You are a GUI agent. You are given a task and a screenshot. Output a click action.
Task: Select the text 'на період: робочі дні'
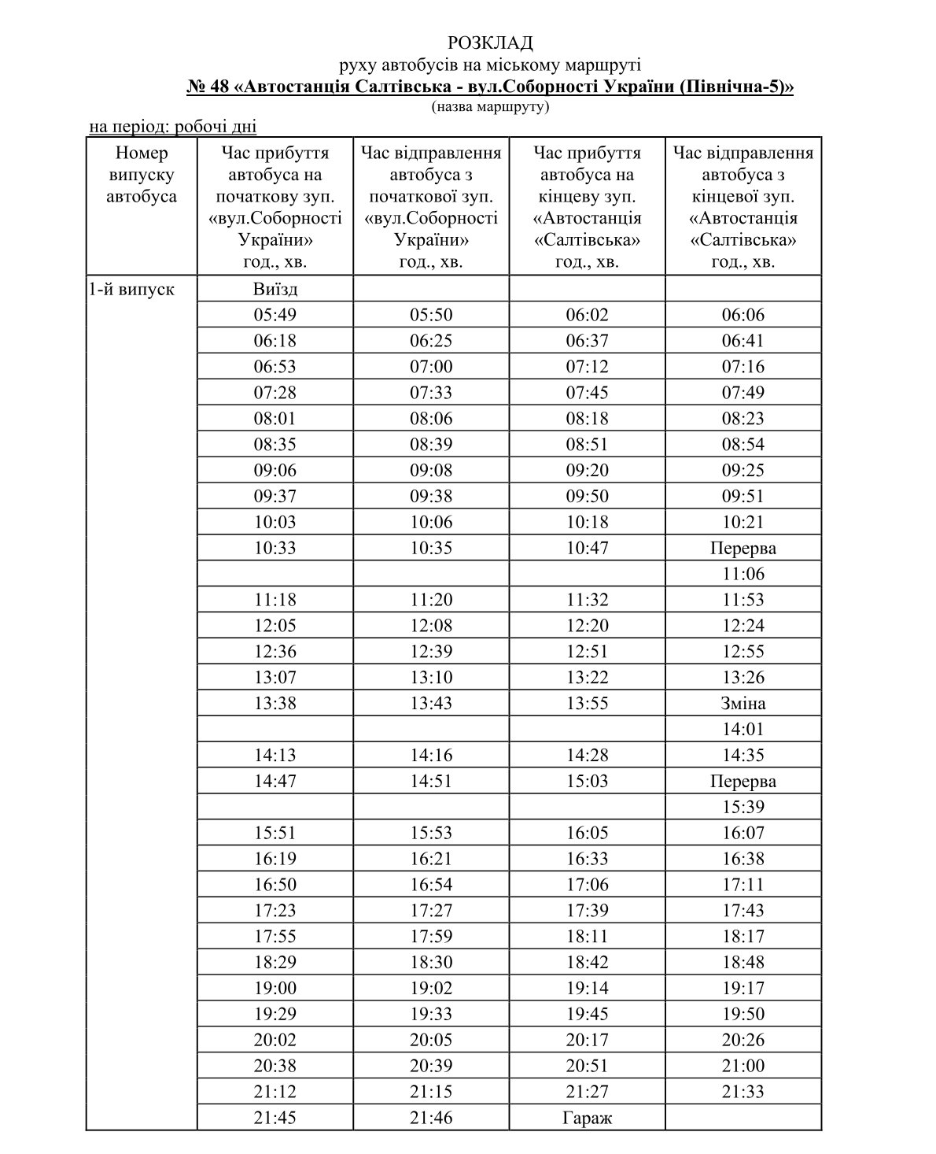click(172, 126)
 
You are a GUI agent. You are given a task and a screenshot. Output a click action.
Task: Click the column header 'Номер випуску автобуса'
click(142, 175)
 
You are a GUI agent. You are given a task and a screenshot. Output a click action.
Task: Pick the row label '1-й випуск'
click(131, 289)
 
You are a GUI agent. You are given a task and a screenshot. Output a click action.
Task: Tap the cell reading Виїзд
click(275, 289)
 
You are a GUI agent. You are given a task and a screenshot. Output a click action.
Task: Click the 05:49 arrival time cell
click(275, 315)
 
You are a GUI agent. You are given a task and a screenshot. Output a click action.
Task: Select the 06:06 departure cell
click(743, 315)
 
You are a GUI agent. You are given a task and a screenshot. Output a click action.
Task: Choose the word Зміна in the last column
click(743, 703)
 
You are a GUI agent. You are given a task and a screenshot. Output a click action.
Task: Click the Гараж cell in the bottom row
click(587, 1117)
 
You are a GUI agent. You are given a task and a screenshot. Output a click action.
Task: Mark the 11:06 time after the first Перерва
click(743, 574)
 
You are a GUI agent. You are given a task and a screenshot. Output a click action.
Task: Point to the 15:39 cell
click(743, 807)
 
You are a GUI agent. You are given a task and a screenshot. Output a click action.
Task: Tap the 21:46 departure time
click(431, 1117)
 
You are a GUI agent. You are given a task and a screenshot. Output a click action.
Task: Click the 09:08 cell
click(431, 470)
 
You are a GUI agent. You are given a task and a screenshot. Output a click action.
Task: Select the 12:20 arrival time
click(587, 626)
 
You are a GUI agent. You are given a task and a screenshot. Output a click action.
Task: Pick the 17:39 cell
click(587, 910)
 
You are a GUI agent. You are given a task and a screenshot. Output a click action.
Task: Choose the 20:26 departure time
click(743, 1040)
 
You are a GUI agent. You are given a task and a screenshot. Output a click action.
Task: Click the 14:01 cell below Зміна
click(743, 729)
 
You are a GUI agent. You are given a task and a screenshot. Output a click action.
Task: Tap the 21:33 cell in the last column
click(743, 1092)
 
